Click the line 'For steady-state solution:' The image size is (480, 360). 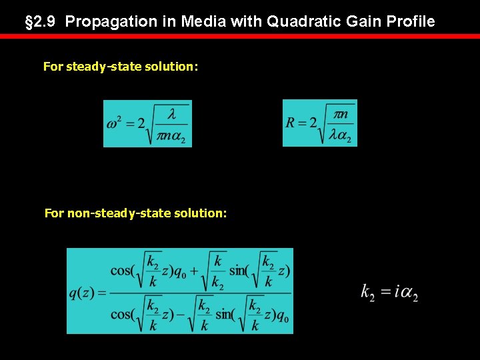tap(121, 67)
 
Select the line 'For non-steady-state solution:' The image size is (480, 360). tap(135, 213)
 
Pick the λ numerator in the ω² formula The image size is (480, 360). tap(171, 115)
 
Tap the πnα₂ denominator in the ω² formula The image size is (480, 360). tap(171, 135)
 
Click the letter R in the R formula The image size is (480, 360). tap(291, 123)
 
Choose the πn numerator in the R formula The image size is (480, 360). tap(340, 114)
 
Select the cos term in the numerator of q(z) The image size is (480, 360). tap(123, 270)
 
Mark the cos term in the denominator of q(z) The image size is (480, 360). tap(123, 314)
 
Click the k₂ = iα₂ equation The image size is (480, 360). tap(389, 292)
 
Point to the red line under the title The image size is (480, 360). tap(240, 36)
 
